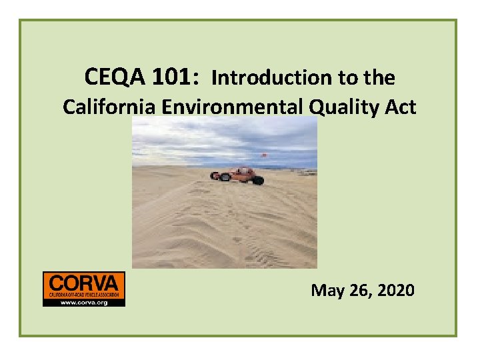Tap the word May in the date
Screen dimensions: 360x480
(327, 291)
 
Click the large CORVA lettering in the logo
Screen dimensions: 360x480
(83, 282)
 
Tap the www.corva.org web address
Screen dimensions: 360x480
(83, 302)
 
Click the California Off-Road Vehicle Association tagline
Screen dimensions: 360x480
(83, 294)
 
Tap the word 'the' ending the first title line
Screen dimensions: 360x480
(380, 79)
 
